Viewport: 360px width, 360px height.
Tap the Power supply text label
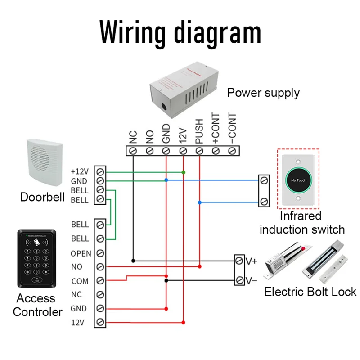click(263, 93)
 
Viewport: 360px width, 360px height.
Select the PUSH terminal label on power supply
click(199, 130)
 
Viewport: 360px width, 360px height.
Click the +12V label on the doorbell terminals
click(80, 172)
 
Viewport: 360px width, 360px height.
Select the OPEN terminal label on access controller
click(81, 253)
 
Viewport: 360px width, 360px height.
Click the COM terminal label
click(80, 281)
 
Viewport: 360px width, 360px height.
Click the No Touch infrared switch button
click(298, 180)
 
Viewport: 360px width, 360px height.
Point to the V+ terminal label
click(251, 261)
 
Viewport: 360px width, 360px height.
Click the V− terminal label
click(252, 280)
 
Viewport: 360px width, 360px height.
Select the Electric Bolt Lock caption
click(310, 292)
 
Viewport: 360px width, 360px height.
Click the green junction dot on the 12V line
click(183, 172)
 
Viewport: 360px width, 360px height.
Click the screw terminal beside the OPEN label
click(100, 253)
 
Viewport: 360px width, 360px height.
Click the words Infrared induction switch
click(301, 223)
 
